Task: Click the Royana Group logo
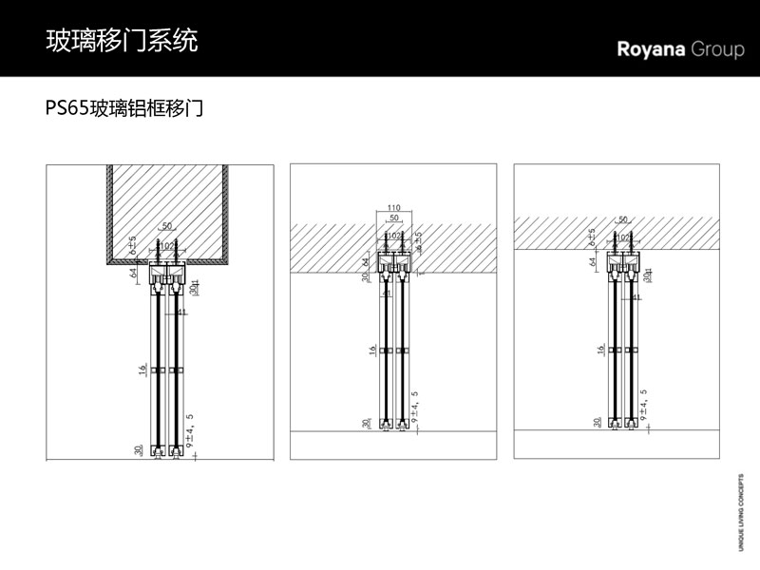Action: click(x=680, y=49)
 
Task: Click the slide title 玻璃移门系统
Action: click(x=123, y=40)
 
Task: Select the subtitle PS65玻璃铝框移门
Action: click(x=124, y=108)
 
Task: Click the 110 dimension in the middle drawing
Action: click(x=394, y=208)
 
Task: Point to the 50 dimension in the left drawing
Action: click(x=167, y=226)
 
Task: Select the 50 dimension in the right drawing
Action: click(x=623, y=220)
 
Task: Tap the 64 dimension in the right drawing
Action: click(x=592, y=261)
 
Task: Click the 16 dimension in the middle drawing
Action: click(x=371, y=350)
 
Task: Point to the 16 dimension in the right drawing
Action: click(x=602, y=350)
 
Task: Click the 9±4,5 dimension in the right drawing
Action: click(x=644, y=405)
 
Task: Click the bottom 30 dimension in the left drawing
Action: click(x=139, y=450)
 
